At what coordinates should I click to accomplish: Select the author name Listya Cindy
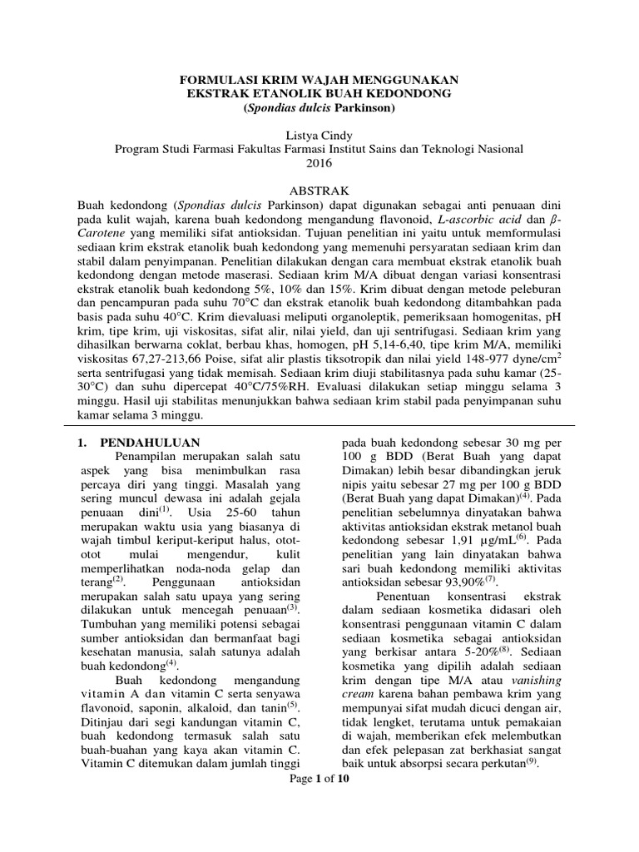coord(319,135)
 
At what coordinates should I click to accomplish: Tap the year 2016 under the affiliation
coord(319,163)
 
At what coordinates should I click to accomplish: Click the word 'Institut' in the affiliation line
coord(381,149)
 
